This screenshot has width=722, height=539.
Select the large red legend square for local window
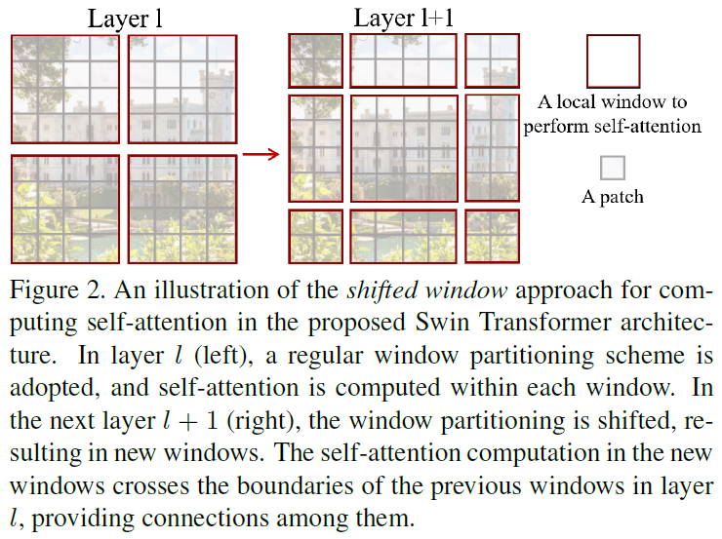[613, 61]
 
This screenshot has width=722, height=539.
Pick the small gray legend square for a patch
[613, 168]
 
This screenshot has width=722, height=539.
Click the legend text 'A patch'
[613, 197]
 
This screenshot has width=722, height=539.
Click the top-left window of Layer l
[64, 90]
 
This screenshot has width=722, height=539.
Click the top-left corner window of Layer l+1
[315, 60]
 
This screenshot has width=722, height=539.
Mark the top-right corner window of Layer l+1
[492, 60]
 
